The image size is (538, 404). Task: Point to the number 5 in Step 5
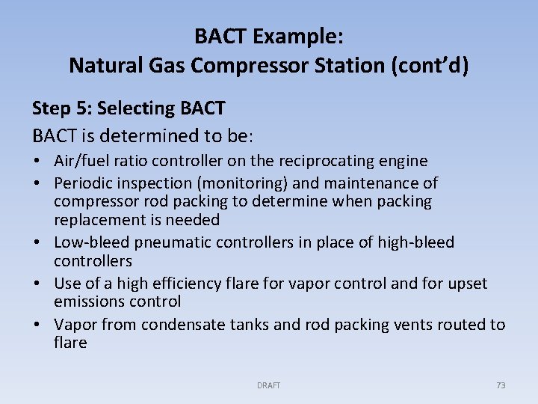(81, 108)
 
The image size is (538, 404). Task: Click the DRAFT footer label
(268, 385)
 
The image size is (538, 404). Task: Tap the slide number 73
(501, 385)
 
